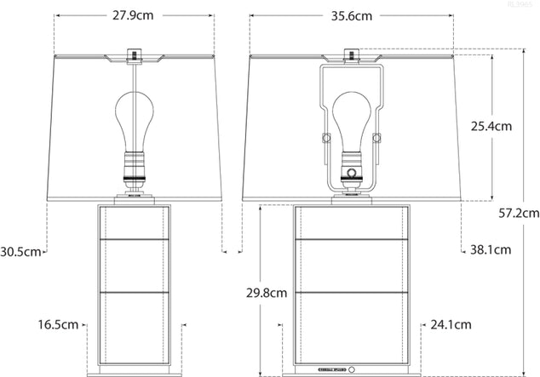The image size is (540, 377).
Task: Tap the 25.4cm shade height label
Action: (492, 126)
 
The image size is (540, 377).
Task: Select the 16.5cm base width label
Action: (59, 324)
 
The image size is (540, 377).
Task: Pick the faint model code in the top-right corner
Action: (519, 5)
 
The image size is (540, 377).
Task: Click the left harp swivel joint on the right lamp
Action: (324, 138)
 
